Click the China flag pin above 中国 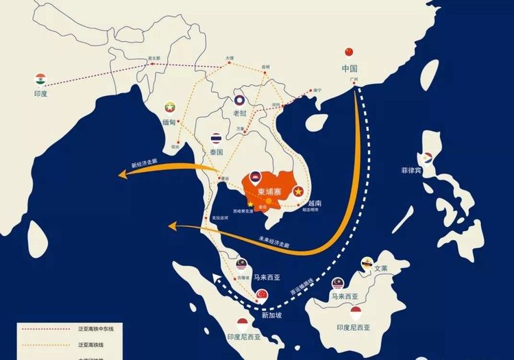[x=349, y=53]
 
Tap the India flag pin [x=40, y=79]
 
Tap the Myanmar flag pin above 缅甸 [x=169, y=107]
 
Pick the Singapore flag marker [x=261, y=295]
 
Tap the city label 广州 [x=354, y=80]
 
